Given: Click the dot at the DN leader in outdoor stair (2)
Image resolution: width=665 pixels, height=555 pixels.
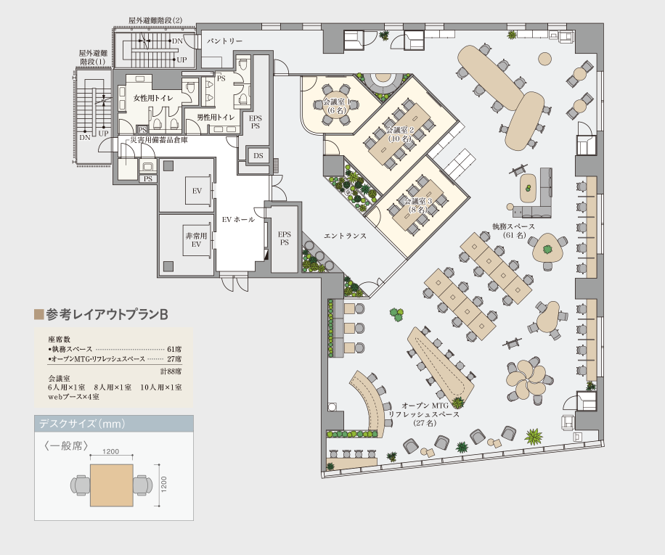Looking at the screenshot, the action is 170,41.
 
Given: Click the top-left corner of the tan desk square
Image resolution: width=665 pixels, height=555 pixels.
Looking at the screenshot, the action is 90,464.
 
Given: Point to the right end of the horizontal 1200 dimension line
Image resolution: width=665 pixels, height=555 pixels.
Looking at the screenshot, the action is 133,457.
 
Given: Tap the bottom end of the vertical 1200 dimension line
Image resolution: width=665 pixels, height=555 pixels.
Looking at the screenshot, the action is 158,506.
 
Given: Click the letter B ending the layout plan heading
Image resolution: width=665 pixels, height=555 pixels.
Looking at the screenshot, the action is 164,315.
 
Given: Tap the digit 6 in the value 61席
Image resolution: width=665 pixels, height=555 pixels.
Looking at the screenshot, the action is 169,350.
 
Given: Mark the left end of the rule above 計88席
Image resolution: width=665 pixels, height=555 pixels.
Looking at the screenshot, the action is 49,364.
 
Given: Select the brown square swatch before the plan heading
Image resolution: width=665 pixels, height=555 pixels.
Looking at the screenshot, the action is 39,314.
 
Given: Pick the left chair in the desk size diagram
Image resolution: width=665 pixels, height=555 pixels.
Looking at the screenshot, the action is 80,485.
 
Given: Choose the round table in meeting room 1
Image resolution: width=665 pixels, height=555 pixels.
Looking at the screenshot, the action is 336,105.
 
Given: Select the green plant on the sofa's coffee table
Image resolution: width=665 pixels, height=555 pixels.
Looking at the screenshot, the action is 528,187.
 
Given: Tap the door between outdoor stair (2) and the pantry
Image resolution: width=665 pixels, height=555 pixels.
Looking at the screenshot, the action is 197,41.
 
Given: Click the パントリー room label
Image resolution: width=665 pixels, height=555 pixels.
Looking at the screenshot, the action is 225,41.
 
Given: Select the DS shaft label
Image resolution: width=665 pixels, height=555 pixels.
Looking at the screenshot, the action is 258,156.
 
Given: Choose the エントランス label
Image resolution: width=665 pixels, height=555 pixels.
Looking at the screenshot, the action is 345,236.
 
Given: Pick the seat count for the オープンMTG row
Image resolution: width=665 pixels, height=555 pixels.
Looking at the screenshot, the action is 174,359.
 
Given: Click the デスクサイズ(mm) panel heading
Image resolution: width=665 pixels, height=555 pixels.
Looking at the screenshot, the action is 82,424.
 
